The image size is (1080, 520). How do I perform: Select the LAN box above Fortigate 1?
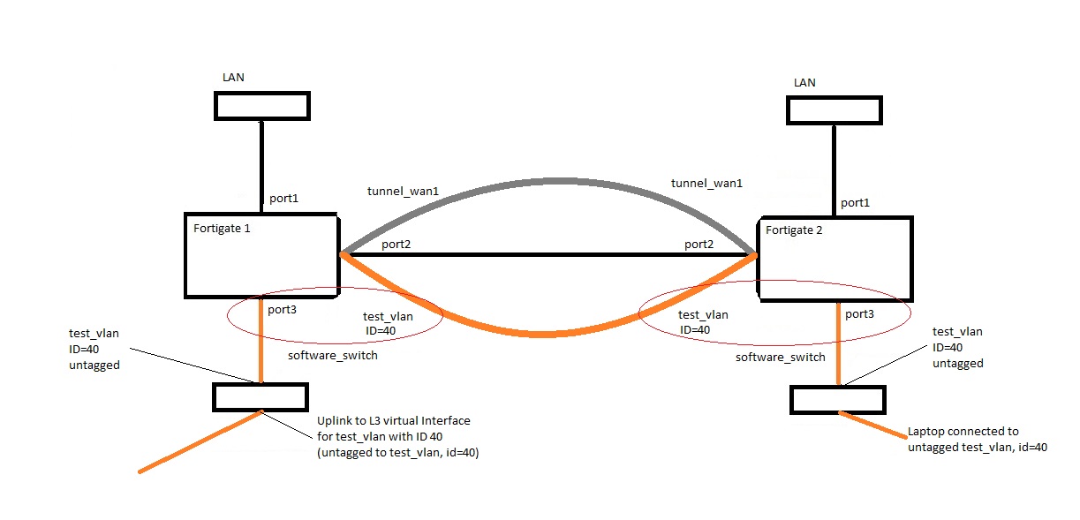pyautogui.click(x=262, y=106)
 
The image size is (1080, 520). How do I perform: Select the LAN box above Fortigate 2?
pyautogui.click(x=835, y=110)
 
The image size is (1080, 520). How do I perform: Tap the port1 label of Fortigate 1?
pyautogui.click(x=284, y=199)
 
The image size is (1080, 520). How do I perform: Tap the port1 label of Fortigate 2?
pyautogui.click(x=855, y=202)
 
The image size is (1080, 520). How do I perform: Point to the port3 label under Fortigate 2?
pyautogui.click(x=860, y=313)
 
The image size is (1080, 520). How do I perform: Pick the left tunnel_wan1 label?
pyautogui.click(x=404, y=191)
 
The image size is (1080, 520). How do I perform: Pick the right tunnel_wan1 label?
pyautogui.click(x=707, y=184)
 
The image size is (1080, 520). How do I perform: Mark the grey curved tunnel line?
pyautogui.click(x=548, y=181)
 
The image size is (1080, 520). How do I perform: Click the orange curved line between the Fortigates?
pyautogui.click(x=548, y=334)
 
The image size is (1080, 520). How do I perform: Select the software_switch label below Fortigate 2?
pyautogui.click(x=781, y=357)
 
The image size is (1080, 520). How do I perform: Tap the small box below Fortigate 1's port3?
pyautogui.click(x=261, y=396)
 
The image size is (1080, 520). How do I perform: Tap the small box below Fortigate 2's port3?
pyautogui.click(x=837, y=399)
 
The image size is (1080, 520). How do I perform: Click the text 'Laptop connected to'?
pyautogui.click(x=963, y=432)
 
